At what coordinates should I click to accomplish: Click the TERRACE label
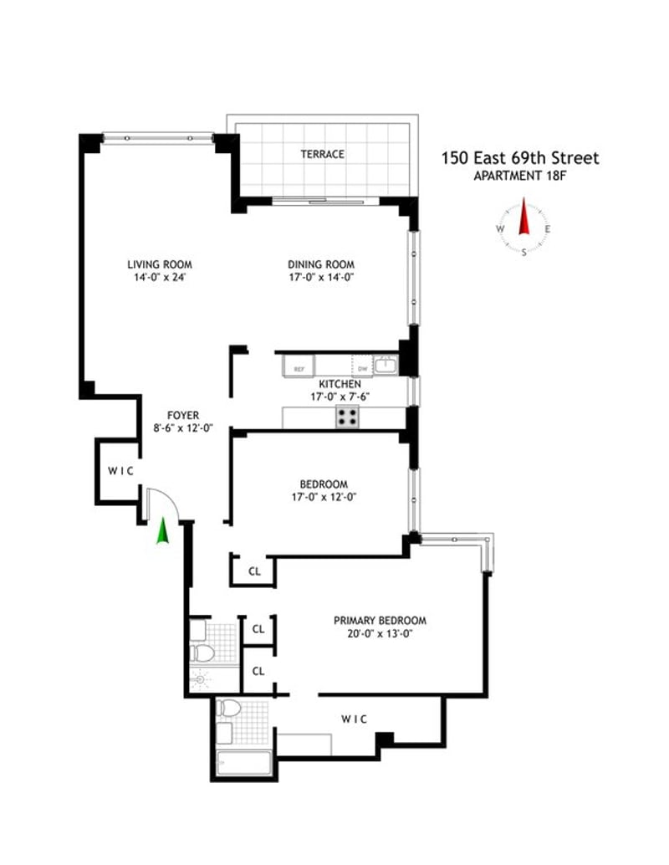click(x=323, y=155)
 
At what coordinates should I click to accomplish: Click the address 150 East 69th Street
click(x=520, y=158)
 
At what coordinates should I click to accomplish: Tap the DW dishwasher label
click(x=362, y=368)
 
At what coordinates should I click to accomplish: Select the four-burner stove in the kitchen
click(x=348, y=416)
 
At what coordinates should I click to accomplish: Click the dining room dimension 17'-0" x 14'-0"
click(x=322, y=278)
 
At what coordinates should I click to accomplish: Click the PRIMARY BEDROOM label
click(x=380, y=621)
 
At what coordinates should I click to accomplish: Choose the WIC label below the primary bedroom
click(x=354, y=719)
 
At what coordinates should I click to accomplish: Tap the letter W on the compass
click(x=500, y=228)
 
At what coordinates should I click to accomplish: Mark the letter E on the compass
click(x=548, y=228)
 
